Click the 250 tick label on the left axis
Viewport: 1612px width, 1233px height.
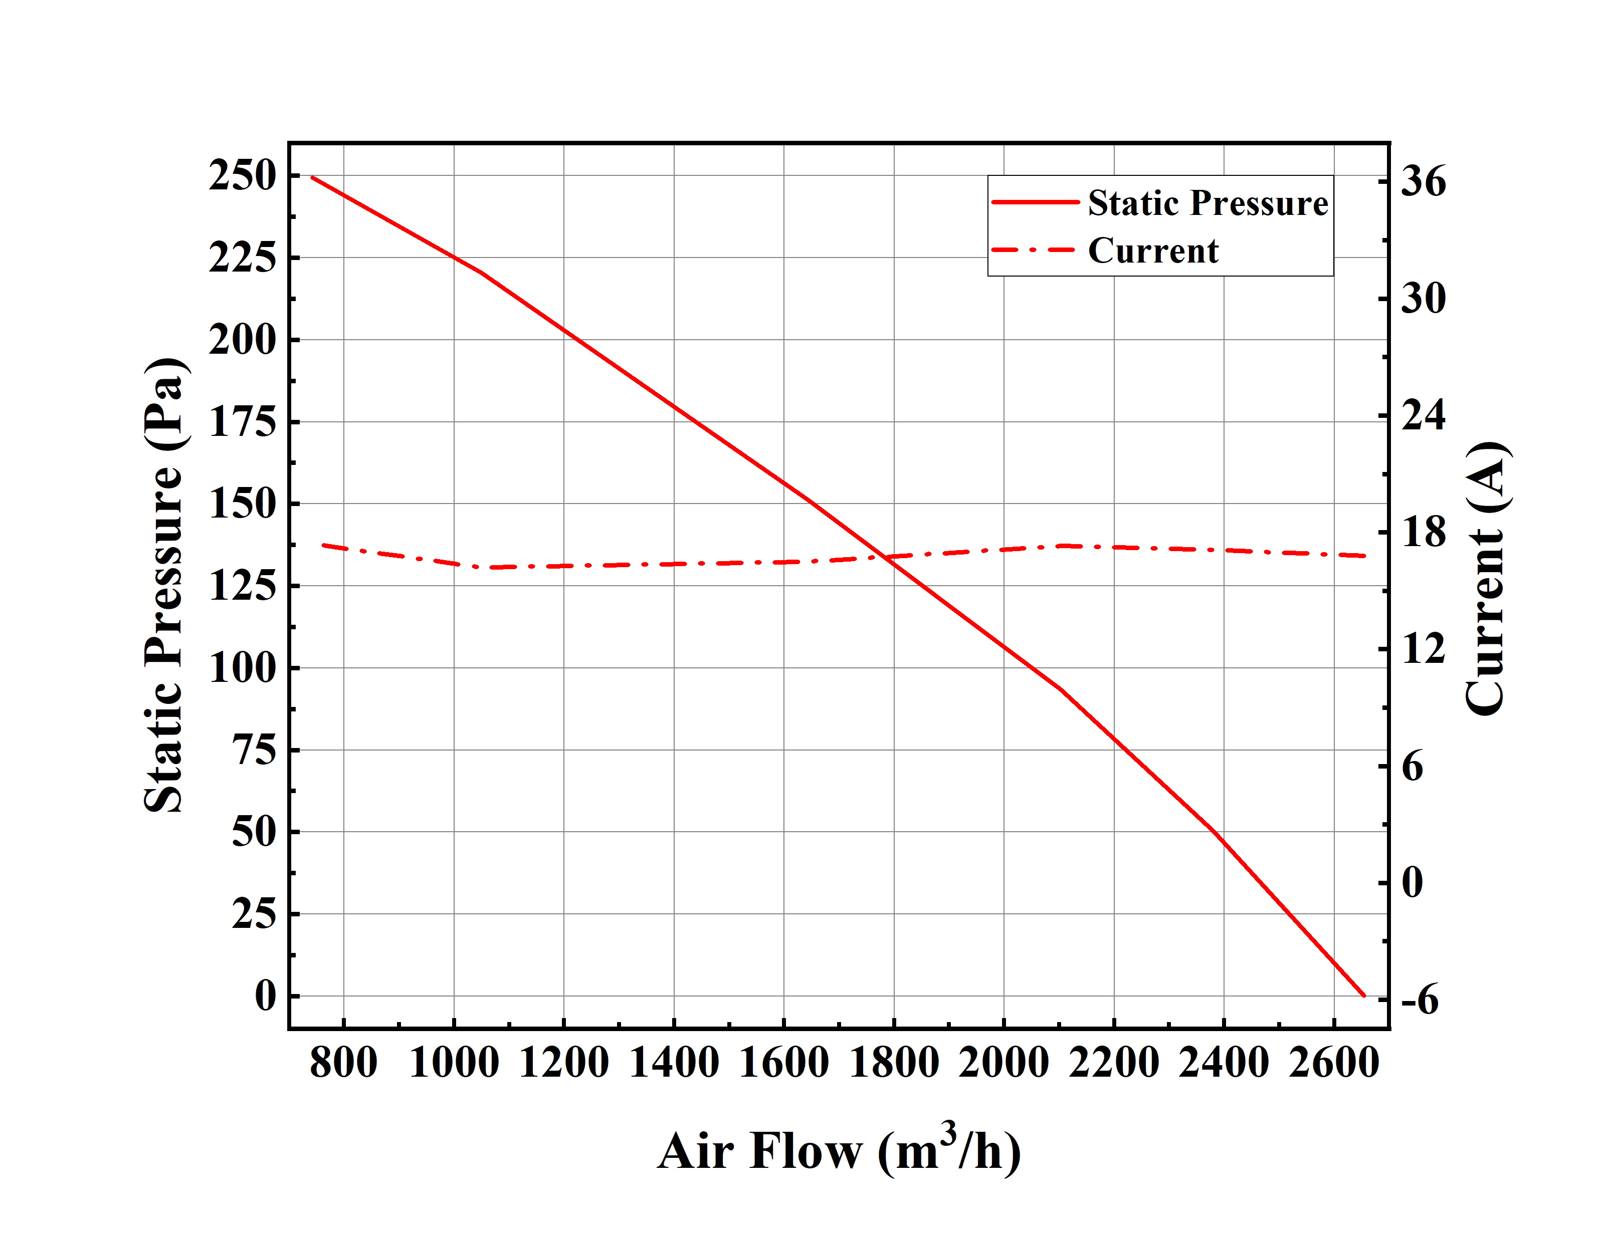pos(242,176)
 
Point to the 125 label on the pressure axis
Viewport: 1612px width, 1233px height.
pos(242,586)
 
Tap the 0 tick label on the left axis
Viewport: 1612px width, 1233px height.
pos(265,997)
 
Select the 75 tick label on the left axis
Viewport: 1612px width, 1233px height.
pos(254,750)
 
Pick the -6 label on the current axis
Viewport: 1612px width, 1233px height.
pos(1419,1000)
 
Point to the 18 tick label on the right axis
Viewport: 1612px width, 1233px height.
pos(1423,532)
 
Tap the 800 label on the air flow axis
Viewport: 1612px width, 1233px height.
pos(343,1063)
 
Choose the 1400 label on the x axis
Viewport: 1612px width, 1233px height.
pos(674,1063)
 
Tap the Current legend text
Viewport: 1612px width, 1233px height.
pos(1152,251)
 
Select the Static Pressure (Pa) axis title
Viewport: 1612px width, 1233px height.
pos(163,586)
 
